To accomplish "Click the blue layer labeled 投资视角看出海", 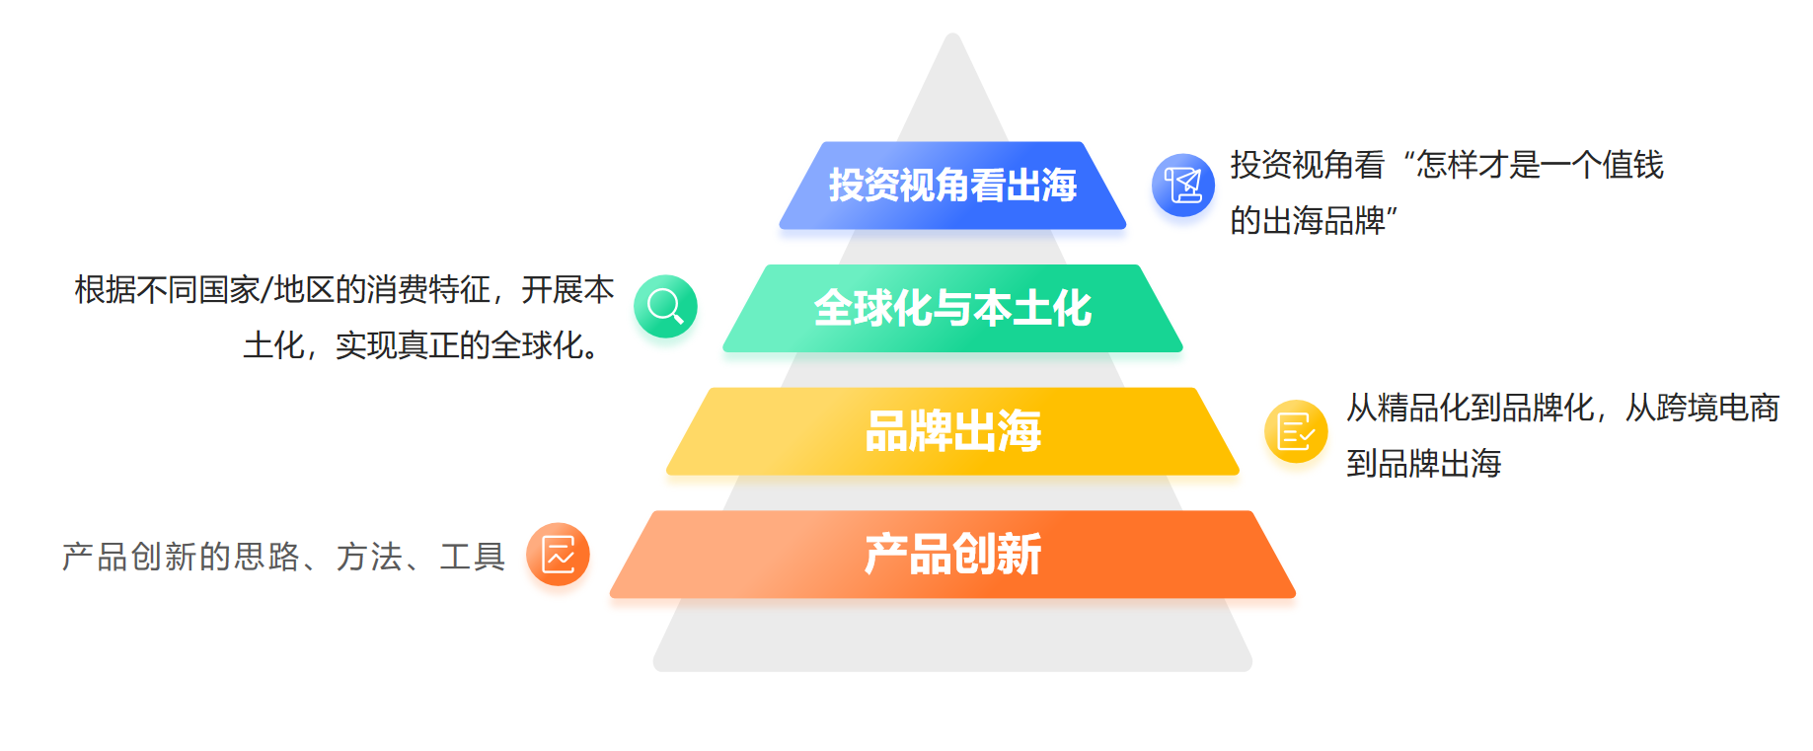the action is [x=952, y=186].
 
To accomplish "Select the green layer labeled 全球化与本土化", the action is [x=952, y=308].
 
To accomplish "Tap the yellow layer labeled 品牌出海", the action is [x=952, y=431].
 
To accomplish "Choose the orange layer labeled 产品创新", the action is [x=952, y=555].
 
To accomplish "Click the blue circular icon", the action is [x=1183, y=185].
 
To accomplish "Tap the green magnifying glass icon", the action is [x=665, y=306].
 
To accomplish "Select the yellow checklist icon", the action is [x=1296, y=431].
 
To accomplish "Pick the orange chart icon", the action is [x=558, y=554].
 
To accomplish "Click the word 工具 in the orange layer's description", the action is [x=473, y=557].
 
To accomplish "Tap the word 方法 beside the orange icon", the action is [x=369, y=557].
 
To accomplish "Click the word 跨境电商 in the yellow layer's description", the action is [x=1718, y=408].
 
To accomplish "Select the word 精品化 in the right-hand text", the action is [x=1424, y=408].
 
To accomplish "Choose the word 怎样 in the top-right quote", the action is [x=1447, y=165].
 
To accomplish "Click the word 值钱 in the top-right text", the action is [x=1633, y=165].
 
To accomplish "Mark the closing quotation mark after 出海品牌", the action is [x=1393, y=211].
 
